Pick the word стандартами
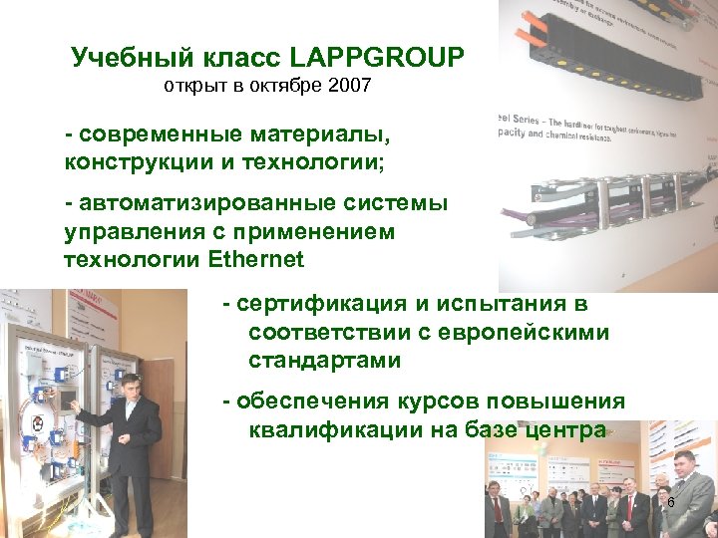click(324, 361)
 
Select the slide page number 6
click(671, 503)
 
